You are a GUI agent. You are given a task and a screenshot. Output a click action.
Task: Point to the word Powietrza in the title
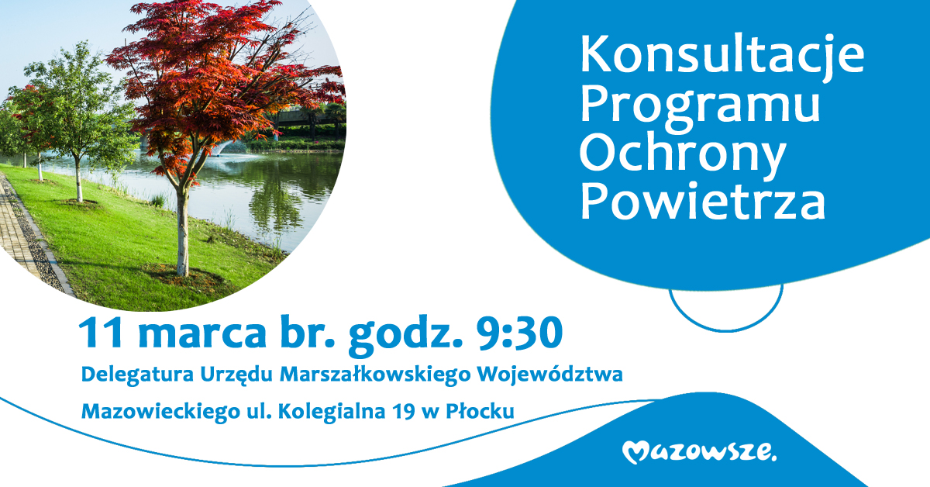(703, 202)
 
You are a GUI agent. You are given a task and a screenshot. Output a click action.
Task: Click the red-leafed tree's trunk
(183, 233)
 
